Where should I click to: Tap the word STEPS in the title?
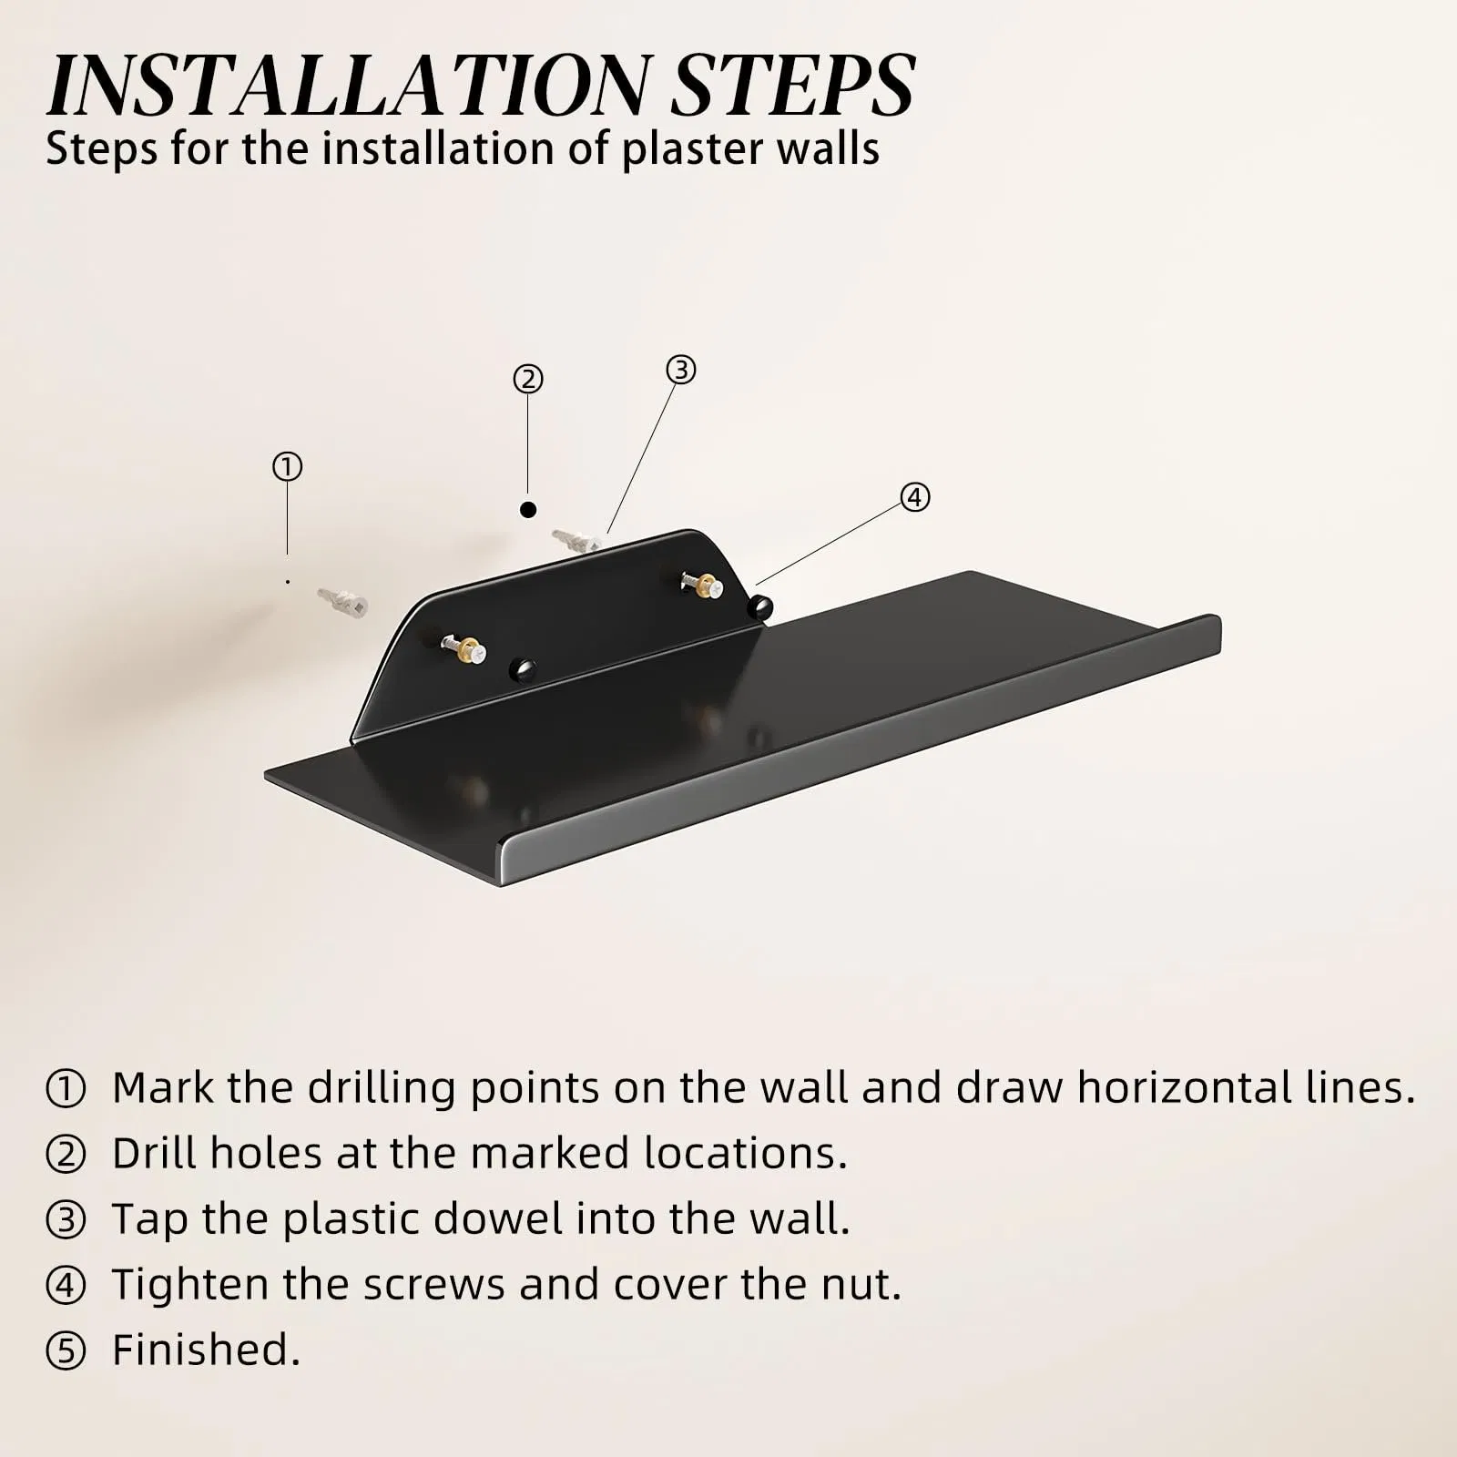[x=792, y=86]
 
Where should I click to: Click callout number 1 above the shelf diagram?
[x=287, y=467]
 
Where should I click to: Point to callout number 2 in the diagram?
[x=528, y=379]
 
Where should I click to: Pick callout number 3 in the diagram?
[x=681, y=370]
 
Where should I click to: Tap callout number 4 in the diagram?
[x=915, y=497]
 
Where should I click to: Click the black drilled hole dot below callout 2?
[x=528, y=509]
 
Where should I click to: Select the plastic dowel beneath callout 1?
[x=342, y=601]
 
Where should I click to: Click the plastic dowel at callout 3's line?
[x=576, y=540]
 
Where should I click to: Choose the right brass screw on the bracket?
[x=703, y=583]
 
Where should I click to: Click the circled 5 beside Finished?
[x=66, y=1351]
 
